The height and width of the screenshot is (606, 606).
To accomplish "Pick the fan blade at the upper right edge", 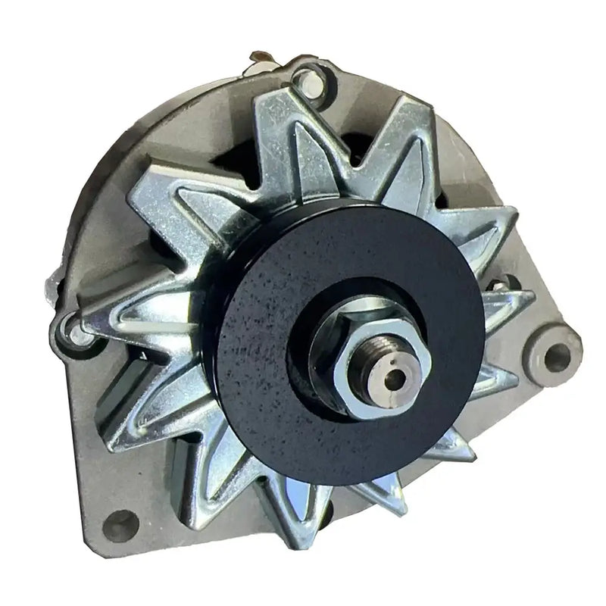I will [485, 227].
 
